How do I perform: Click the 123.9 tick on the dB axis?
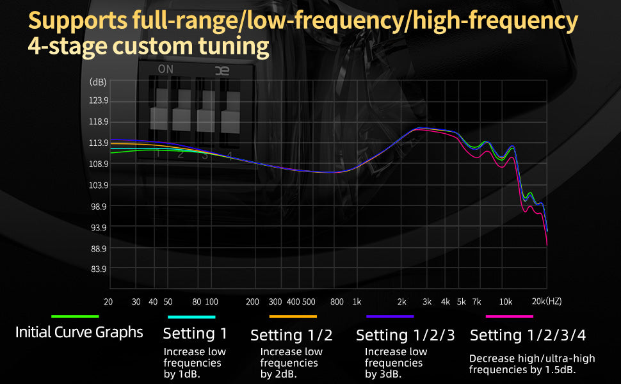click(x=99, y=100)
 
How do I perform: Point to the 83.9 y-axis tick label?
click(x=99, y=269)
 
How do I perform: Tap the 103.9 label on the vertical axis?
click(x=99, y=186)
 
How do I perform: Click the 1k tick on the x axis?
click(x=357, y=301)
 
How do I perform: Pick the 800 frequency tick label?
click(x=337, y=301)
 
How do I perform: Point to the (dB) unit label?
click(x=98, y=83)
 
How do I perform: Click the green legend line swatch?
click(x=75, y=316)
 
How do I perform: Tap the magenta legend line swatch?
click(x=510, y=316)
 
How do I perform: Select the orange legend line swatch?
click(x=293, y=316)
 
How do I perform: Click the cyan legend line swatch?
click(x=191, y=316)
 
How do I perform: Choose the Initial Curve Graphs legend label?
click(x=79, y=333)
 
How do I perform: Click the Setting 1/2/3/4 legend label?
click(x=528, y=335)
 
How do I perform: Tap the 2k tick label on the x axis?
click(x=402, y=301)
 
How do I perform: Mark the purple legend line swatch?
click(x=390, y=316)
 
